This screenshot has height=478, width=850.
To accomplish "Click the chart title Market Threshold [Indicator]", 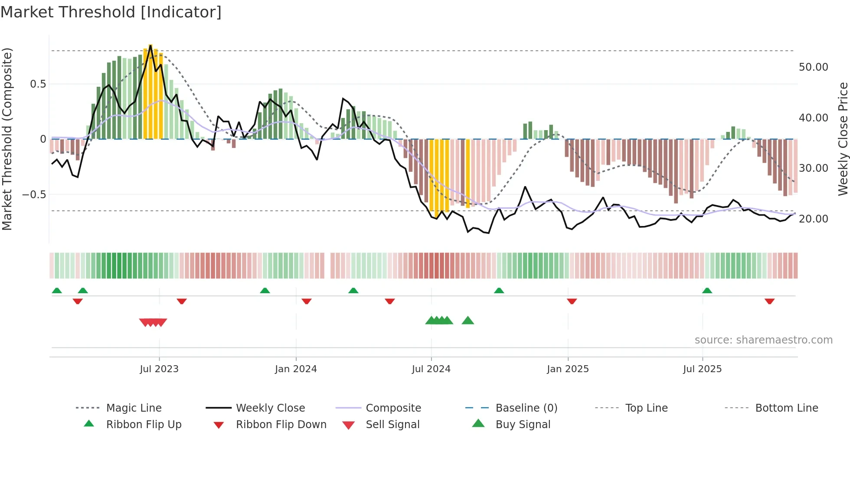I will pyautogui.click(x=111, y=12).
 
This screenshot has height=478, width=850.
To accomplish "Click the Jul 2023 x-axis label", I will pyautogui.click(x=159, y=369).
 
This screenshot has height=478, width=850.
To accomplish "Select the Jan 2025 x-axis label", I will pyautogui.click(x=568, y=369).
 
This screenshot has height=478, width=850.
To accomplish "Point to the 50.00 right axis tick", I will pyautogui.click(x=813, y=67).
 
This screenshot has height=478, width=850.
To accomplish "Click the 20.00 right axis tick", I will pyautogui.click(x=813, y=219).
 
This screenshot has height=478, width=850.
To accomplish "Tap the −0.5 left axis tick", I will pyautogui.click(x=34, y=194).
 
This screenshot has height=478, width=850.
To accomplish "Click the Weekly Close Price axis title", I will pyautogui.click(x=843, y=139).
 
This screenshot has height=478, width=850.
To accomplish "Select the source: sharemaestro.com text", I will pyautogui.click(x=763, y=340).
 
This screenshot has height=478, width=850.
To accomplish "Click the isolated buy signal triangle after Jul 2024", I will pyautogui.click(x=468, y=321).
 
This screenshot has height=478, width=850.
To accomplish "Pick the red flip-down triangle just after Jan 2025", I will pyautogui.click(x=572, y=301).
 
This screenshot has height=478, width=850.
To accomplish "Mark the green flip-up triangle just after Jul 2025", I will pyautogui.click(x=707, y=290).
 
